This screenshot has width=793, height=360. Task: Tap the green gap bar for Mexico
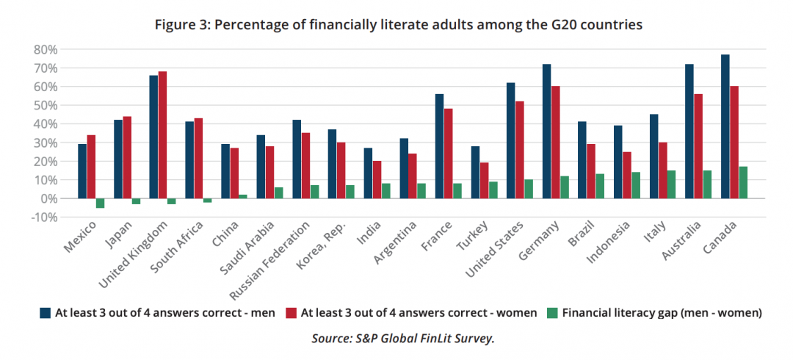click(100, 203)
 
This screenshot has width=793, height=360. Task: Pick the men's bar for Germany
click(547, 131)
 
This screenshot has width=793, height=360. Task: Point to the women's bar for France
click(449, 154)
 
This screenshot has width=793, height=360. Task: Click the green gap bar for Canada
click(743, 182)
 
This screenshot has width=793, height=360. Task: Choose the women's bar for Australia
click(698, 146)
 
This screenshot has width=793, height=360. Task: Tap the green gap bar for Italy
click(672, 184)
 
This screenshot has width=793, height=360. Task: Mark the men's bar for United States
click(511, 140)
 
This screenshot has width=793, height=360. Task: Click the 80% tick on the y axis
click(44, 49)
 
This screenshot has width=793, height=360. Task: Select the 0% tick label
click(47, 198)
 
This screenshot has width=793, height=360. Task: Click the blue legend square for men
click(45, 312)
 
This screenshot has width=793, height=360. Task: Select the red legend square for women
click(290, 312)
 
